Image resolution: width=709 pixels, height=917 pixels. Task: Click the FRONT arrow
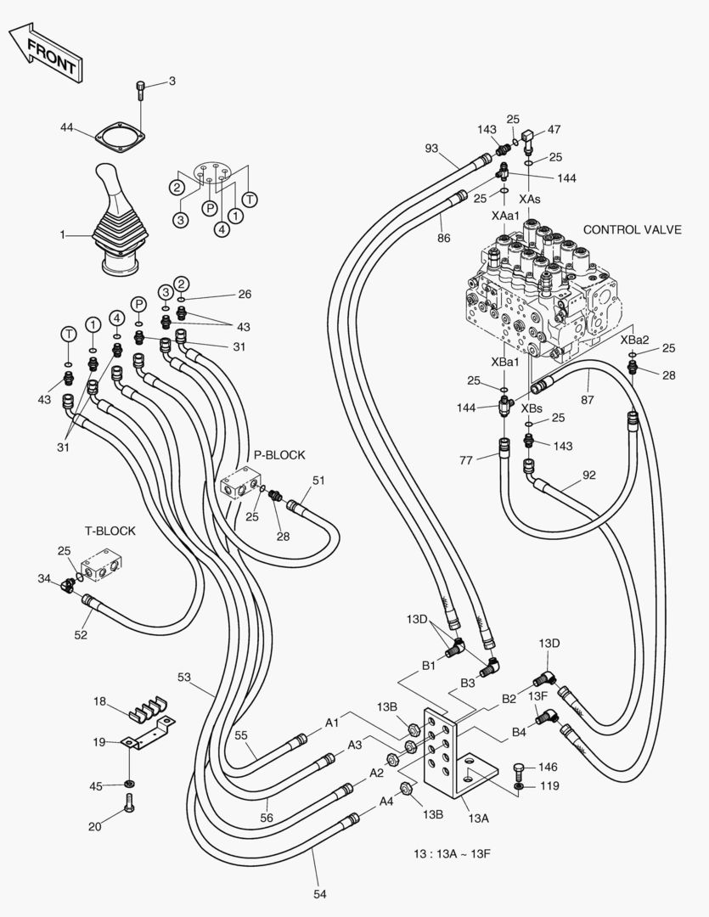[47, 53]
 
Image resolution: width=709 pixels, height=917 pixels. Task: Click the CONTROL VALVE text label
[632, 230]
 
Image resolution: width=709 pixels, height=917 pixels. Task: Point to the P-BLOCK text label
[279, 455]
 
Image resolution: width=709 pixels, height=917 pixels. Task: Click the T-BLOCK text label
[110, 531]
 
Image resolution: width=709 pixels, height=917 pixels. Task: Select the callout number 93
[431, 149]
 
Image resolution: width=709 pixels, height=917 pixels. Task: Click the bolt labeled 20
[129, 803]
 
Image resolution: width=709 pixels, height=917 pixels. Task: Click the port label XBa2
[633, 339]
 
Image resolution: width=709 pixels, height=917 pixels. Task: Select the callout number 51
[318, 480]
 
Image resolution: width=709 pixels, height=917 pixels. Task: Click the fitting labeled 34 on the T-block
[68, 583]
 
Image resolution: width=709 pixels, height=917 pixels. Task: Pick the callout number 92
[590, 475]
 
